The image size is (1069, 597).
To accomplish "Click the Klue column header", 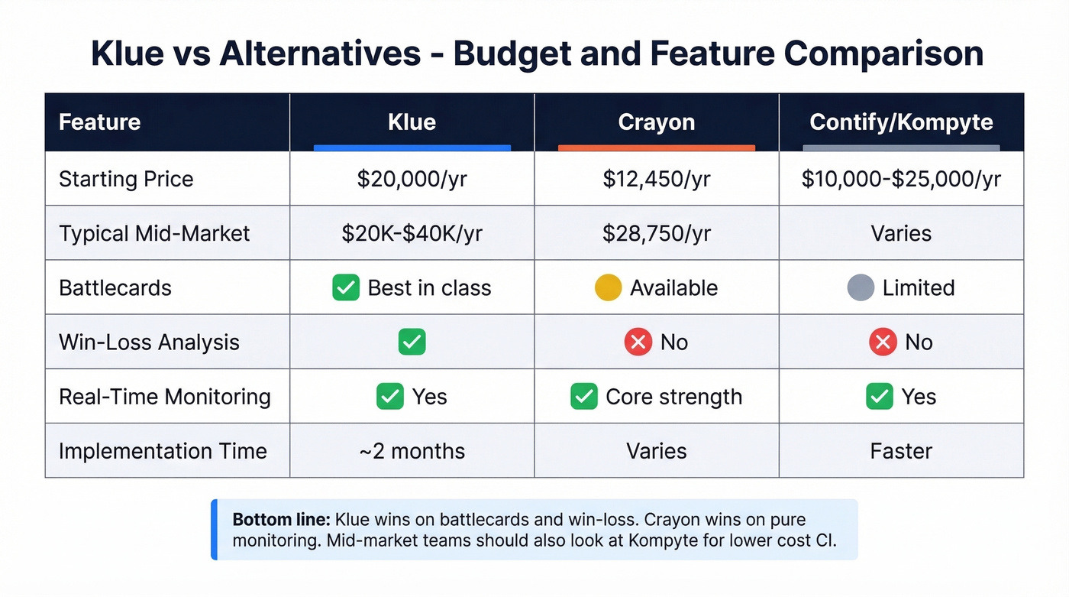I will coord(412,122).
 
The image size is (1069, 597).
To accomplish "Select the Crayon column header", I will coord(656,122).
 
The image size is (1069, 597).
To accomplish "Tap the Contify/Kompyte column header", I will coord(901,122).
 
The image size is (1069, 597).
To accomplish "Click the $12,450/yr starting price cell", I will coord(656,179).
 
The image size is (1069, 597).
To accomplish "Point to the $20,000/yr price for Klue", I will coord(412,179).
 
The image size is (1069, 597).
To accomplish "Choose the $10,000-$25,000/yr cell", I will coord(901,179).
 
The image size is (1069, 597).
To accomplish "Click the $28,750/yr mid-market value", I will coord(656,233).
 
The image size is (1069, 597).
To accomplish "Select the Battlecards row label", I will coord(115,287).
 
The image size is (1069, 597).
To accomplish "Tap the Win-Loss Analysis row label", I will coord(149,342).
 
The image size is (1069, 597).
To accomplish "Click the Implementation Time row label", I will coord(163,450).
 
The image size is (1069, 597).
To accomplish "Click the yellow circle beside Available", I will coord(608,287).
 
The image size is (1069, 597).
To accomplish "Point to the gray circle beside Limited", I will coord(861,287).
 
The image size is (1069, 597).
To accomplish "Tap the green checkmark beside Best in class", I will coord(346,287).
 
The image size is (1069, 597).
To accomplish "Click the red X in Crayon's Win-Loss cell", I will coord(638,342).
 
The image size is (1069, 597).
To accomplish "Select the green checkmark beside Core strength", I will coord(584,397).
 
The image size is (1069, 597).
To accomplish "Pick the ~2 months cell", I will coord(412,450).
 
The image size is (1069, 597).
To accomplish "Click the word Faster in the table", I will coord(901,450).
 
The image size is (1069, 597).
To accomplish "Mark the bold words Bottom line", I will coord(281,520).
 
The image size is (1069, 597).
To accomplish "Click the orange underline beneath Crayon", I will coord(656,148).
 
